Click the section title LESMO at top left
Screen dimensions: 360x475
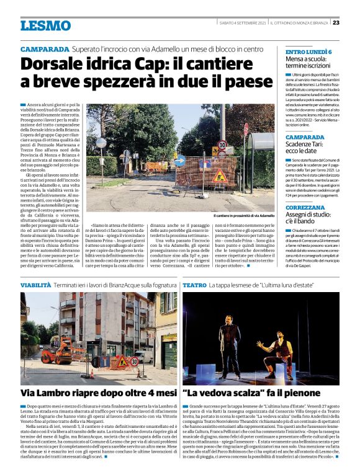[45, 25]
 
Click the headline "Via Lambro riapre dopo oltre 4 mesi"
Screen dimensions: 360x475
[99, 393]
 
